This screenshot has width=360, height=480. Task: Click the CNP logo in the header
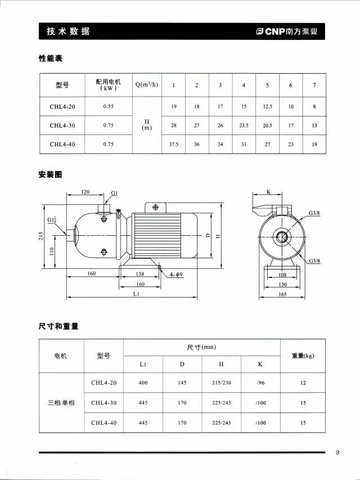pos(286,32)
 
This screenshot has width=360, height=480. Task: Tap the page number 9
pos(337,452)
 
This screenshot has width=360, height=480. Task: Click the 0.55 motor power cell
pos(108,106)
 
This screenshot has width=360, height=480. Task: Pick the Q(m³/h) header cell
pos(146,85)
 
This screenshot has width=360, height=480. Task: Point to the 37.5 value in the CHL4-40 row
pos(174,144)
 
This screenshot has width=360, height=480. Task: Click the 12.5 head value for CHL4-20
pos(267,106)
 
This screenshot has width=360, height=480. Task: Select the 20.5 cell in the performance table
pos(267,125)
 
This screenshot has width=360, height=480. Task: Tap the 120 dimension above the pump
pos(85,192)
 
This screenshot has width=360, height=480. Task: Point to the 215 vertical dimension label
pos(41,236)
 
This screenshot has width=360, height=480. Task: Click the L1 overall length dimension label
pos(136,293)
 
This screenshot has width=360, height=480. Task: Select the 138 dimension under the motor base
pos(141,273)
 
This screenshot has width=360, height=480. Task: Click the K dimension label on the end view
pos(268,192)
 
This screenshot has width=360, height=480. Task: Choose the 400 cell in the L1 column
pos(143,383)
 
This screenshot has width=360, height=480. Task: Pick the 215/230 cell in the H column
pos(221,383)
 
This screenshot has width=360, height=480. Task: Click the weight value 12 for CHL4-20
pos(303,383)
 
